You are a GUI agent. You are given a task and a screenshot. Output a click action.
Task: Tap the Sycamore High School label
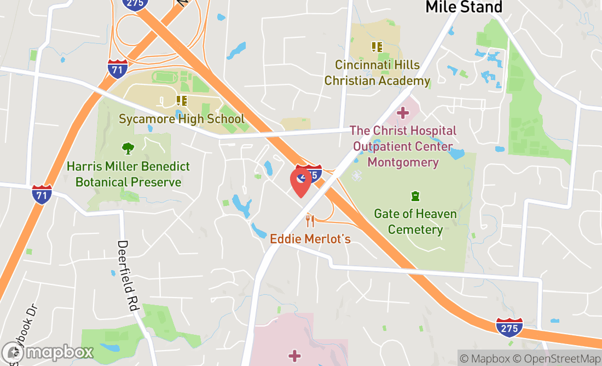point(182,118)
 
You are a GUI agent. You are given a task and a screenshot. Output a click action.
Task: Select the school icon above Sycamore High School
point(182,101)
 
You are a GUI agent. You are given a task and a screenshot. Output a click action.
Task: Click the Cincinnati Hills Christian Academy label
point(377,73)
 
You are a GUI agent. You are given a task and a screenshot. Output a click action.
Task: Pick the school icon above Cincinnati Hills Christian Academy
point(377,47)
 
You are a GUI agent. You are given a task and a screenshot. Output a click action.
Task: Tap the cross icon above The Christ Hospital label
point(403,113)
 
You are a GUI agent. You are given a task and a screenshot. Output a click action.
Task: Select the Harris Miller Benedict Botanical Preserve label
point(128,174)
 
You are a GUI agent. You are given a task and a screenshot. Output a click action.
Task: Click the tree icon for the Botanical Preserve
point(128,148)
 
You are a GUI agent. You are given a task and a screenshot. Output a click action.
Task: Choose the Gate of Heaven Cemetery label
point(415,221)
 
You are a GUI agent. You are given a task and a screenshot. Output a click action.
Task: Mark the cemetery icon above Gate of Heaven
point(415,196)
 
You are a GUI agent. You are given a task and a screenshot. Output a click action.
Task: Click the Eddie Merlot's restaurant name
point(310,239)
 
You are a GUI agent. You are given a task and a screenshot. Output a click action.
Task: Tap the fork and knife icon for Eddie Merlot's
point(310,221)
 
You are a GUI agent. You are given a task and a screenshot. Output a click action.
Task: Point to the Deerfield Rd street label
point(126,276)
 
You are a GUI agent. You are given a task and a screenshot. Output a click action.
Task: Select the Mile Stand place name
point(464,7)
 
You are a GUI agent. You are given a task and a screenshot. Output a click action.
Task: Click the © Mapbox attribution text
point(484,359)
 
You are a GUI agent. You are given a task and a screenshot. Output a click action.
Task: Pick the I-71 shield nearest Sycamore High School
point(118,68)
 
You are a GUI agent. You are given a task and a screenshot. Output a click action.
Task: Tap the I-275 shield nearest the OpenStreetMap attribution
point(509,327)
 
